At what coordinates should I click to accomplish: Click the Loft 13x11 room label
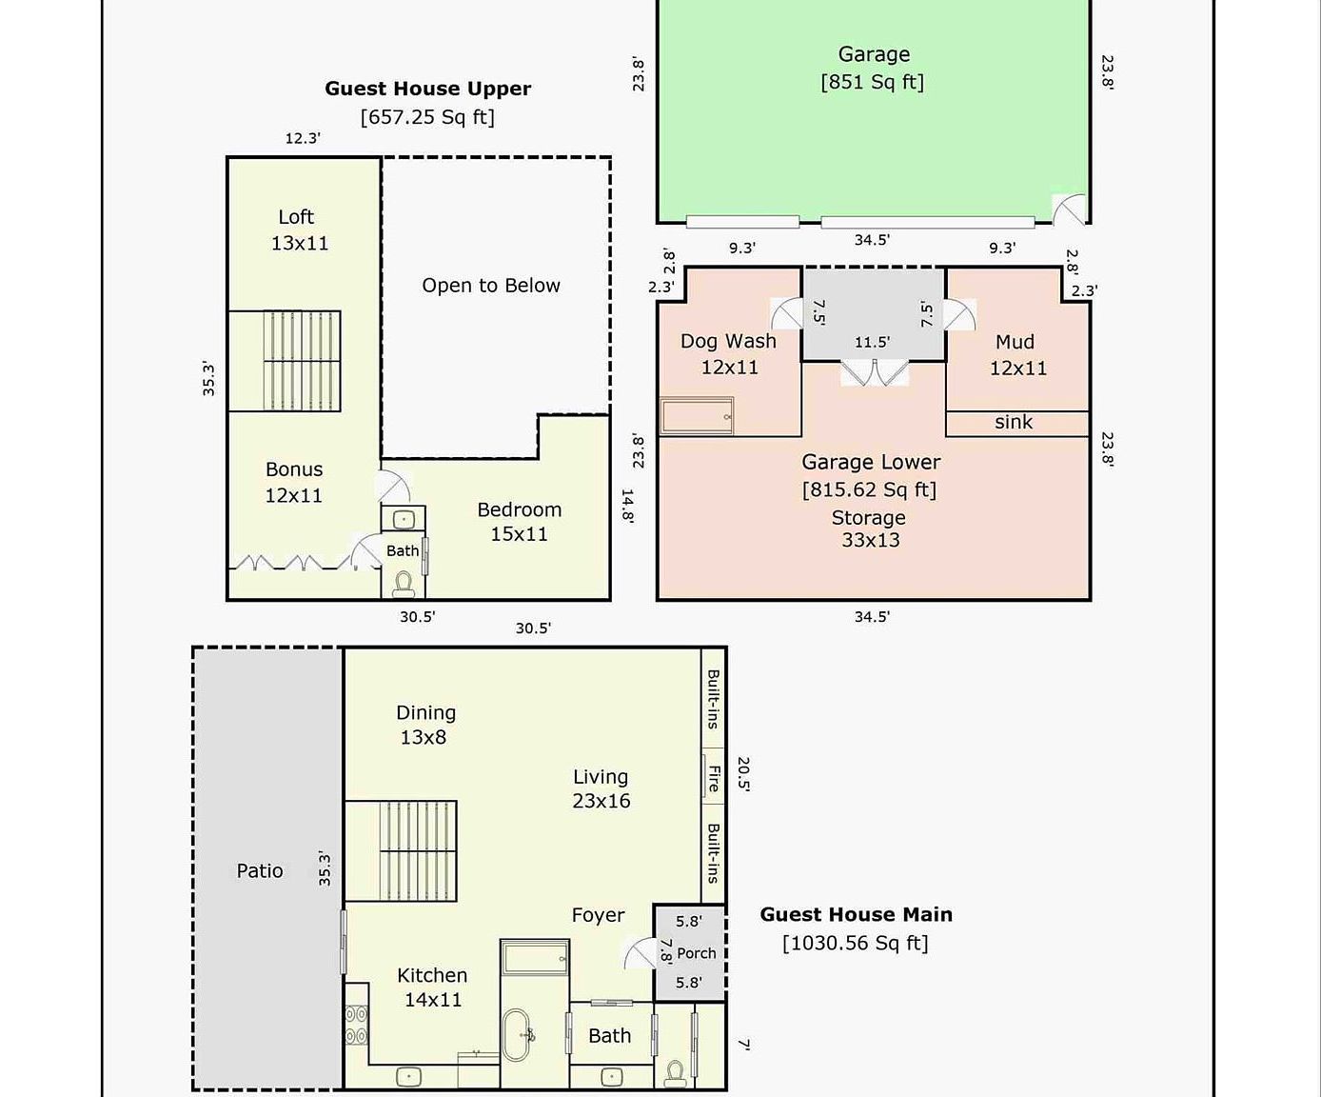298,229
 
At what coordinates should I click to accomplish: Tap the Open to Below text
491,286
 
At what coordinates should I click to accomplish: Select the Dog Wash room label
728,353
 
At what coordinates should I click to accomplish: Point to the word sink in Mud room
1013,422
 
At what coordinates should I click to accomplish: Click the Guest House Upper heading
427,89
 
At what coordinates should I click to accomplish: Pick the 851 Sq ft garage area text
872,82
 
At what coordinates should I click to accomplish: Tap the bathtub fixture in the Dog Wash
697,416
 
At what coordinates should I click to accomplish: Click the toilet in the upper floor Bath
403,582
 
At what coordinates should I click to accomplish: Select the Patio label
259,870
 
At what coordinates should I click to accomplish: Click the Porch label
696,953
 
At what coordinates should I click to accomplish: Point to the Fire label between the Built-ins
713,778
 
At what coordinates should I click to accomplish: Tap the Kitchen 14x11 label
432,987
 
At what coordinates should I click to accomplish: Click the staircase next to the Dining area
400,850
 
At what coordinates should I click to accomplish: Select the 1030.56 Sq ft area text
855,943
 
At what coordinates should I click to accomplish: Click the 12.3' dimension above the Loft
303,138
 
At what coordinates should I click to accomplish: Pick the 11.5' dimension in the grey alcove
872,342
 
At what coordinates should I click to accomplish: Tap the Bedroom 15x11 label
519,522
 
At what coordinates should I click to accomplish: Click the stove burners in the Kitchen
356,1026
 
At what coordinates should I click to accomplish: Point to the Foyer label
598,915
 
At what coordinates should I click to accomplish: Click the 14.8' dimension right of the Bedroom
627,507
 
